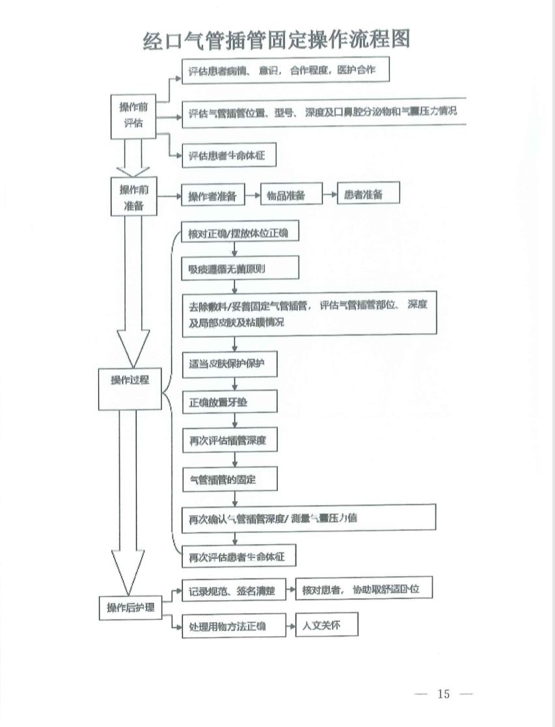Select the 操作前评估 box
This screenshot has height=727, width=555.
click(133, 115)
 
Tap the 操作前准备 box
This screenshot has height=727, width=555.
click(133, 198)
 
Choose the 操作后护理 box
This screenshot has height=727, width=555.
click(131, 608)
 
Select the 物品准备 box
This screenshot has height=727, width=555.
click(291, 194)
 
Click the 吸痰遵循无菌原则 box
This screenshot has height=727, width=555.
click(240, 267)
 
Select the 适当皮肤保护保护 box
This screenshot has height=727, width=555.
click(230, 365)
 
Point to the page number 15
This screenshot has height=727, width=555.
click(444, 694)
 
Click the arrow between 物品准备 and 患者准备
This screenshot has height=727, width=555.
click(329, 194)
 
